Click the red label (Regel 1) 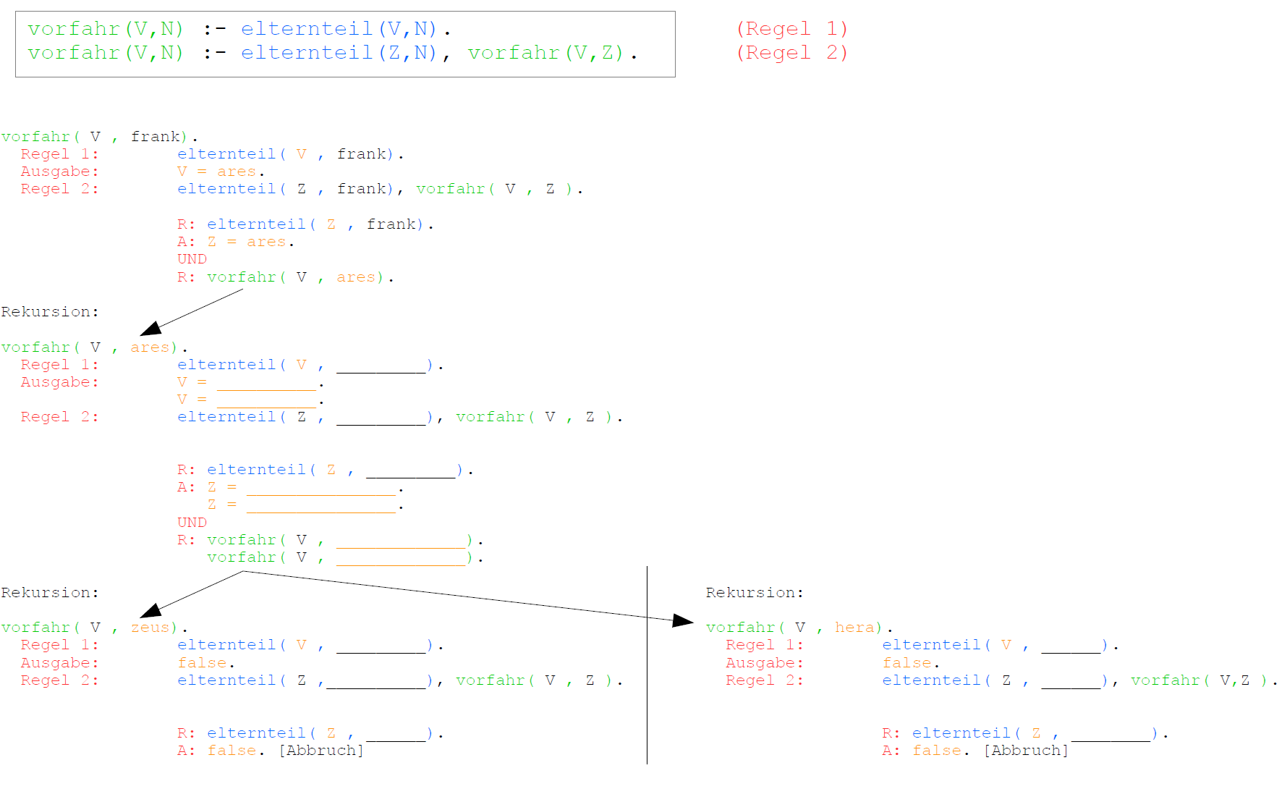click(x=791, y=29)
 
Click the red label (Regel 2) click(x=791, y=53)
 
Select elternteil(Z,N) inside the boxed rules click(x=339, y=53)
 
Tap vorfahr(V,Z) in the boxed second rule click(x=545, y=53)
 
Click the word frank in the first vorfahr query click(x=155, y=137)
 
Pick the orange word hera click(x=854, y=628)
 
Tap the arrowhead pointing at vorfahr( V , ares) click(x=150, y=329)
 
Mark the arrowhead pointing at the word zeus click(x=150, y=610)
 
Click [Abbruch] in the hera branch click(x=1025, y=751)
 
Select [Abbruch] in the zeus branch click(x=320, y=751)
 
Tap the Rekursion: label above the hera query click(x=754, y=593)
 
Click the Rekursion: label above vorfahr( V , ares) click(x=49, y=312)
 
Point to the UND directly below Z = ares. click(x=192, y=259)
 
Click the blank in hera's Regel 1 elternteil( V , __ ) click(x=1071, y=646)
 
